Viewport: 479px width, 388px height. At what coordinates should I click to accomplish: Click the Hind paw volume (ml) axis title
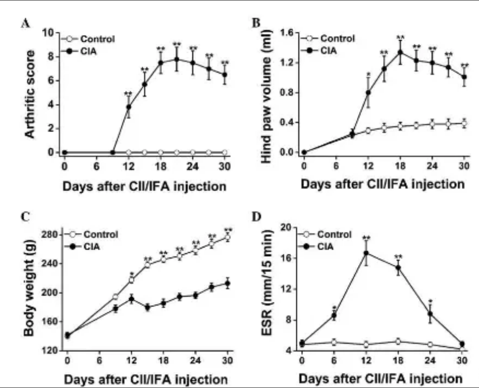coord(267,93)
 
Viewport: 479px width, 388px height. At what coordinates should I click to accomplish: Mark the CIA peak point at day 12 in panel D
coord(366,253)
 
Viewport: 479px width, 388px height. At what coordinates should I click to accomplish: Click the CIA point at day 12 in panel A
coord(129,107)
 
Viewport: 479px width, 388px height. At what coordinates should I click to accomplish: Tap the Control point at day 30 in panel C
coord(227,237)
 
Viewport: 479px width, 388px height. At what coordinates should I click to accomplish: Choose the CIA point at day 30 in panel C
coord(227,283)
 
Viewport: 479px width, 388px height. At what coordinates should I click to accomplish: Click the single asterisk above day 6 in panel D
coord(334,308)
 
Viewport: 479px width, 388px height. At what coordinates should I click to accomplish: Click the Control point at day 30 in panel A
coord(225,152)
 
